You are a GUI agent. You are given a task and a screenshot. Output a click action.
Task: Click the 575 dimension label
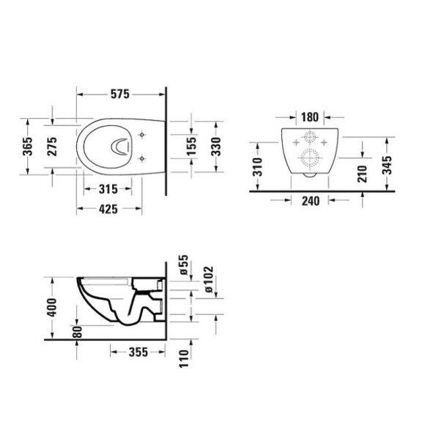[x=119, y=95]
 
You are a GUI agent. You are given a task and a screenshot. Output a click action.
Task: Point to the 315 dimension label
[x=108, y=189]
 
